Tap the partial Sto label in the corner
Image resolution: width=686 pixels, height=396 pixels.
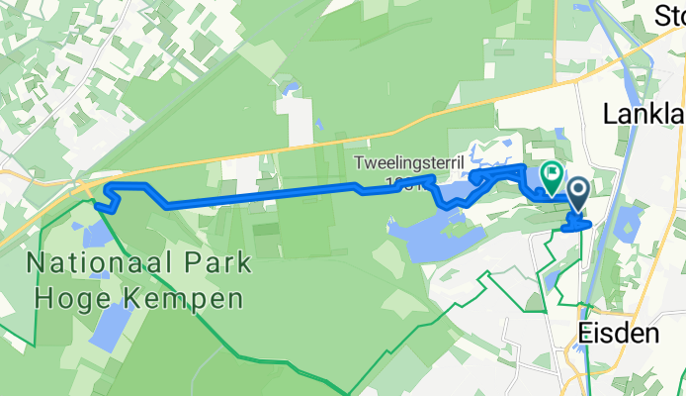(669, 15)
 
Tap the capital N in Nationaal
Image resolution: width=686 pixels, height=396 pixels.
(40, 264)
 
